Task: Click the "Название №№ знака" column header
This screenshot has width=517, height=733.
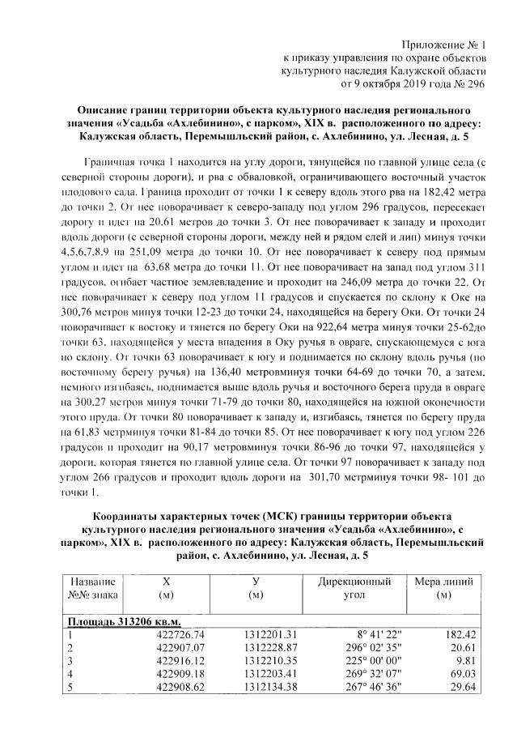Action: [x=93, y=588]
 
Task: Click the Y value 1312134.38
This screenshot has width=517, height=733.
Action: [x=272, y=689]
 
